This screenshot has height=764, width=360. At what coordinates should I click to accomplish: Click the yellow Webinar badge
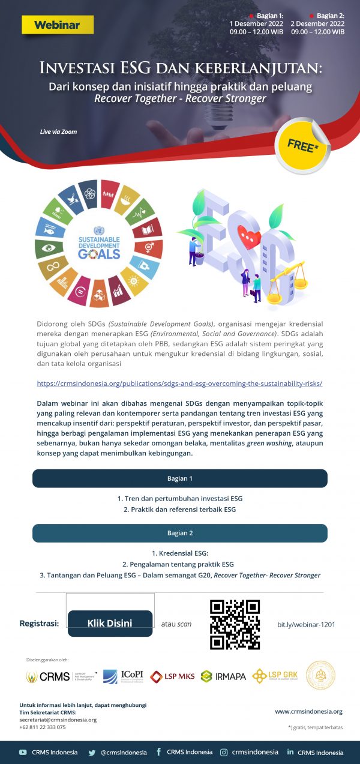click(58, 25)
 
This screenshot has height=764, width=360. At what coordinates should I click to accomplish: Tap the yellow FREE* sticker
click(302, 145)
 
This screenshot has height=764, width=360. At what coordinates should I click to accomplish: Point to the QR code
click(235, 624)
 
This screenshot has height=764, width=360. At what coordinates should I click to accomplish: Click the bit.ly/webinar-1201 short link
click(306, 624)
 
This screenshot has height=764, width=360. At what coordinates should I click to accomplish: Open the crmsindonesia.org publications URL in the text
click(179, 383)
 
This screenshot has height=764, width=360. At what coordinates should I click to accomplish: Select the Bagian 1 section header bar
click(179, 478)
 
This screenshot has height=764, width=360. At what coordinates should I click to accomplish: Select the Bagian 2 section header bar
click(179, 533)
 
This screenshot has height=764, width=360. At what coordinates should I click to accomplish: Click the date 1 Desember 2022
click(257, 24)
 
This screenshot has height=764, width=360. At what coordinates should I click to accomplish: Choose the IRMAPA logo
click(223, 676)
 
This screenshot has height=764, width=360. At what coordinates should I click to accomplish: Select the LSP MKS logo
click(172, 676)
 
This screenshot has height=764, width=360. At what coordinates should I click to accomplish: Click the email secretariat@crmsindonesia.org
click(58, 720)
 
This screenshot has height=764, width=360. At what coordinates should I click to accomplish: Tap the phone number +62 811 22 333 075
click(43, 727)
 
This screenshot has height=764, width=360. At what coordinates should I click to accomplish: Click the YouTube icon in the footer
click(23, 752)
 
